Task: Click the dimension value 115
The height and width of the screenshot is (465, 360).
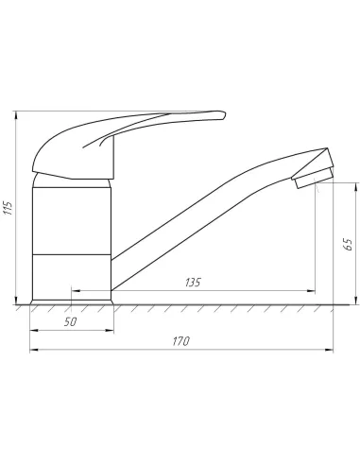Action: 8,208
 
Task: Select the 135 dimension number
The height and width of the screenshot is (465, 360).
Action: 193,283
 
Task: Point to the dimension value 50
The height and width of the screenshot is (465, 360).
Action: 70,322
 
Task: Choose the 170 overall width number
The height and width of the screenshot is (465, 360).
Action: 181,341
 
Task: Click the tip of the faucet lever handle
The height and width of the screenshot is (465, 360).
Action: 225,114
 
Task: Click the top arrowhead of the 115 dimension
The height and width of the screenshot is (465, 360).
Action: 16,115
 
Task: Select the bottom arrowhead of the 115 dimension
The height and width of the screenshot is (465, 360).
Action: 16,301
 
